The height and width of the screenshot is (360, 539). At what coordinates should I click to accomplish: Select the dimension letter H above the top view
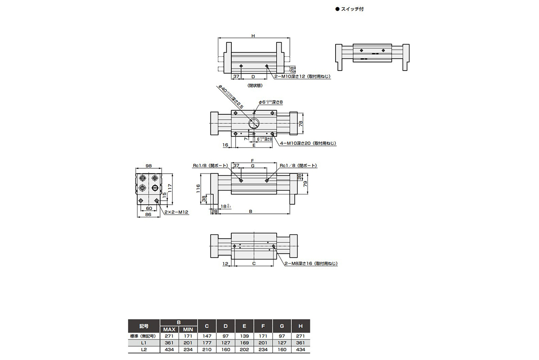tap(253, 36)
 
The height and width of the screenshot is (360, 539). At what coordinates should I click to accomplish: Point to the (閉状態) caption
tap(255, 85)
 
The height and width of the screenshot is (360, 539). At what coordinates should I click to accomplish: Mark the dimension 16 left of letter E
tap(225, 145)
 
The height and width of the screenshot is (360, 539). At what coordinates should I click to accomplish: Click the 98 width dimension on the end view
tap(148, 166)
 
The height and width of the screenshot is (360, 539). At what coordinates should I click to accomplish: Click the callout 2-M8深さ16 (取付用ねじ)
tap(310, 263)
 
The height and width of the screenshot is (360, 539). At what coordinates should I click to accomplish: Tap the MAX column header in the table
tap(169, 329)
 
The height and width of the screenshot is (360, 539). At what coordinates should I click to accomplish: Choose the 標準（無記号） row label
tap(144, 336)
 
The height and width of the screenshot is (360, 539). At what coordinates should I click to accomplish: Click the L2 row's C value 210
tap(207, 349)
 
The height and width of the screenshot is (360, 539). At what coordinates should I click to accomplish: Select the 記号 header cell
tap(144, 326)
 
